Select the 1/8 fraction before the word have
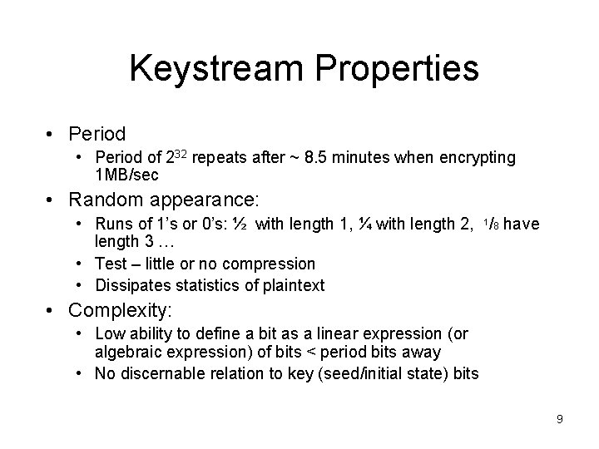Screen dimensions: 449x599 tap(491, 223)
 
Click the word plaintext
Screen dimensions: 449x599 tap(293, 286)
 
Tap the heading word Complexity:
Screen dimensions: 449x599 tap(121, 311)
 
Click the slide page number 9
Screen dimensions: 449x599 tap(560, 419)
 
